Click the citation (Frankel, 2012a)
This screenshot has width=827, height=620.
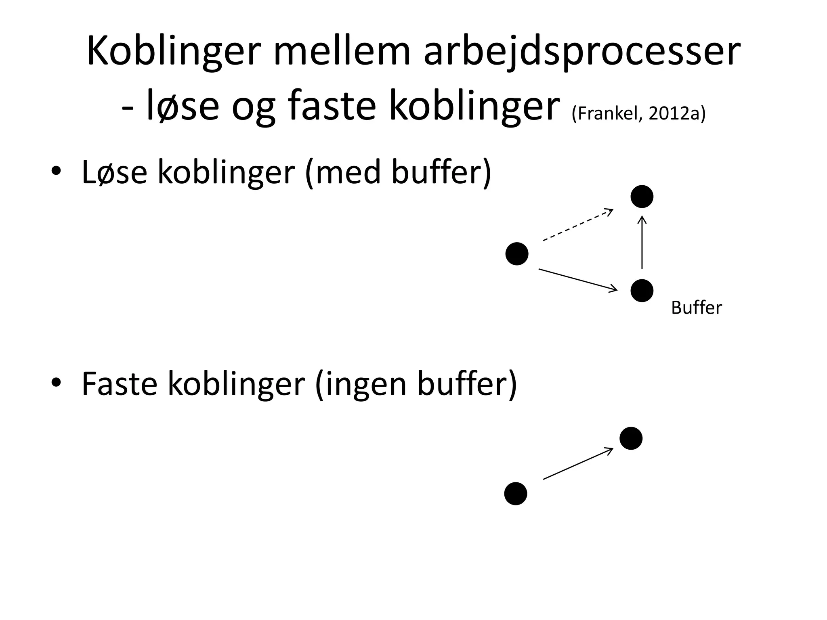pyautogui.click(x=638, y=114)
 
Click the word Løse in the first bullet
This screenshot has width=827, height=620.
pyautogui.click(x=114, y=172)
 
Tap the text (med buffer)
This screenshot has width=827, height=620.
pyautogui.click(x=398, y=172)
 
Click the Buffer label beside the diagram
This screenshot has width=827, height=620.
pyautogui.click(x=696, y=308)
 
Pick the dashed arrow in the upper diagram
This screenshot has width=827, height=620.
pyautogui.click(x=578, y=225)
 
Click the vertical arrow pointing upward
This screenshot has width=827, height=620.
pyautogui.click(x=642, y=243)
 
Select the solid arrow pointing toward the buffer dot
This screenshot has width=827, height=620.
pyautogui.click(x=578, y=279)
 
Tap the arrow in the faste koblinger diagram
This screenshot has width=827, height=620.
pyautogui.click(x=578, y=464)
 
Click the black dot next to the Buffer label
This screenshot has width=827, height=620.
pyautogui.click(x=642, y=291)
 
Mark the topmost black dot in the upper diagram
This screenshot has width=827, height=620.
pyautogui.click(x=642, y=197)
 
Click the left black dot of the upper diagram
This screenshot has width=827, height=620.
pyautogui.click(x=517, y=254)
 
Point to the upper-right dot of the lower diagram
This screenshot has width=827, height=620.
pyautogui.click(x=631, y=438)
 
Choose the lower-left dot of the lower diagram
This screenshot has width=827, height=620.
pyautogui.click(x=516, y=494)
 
